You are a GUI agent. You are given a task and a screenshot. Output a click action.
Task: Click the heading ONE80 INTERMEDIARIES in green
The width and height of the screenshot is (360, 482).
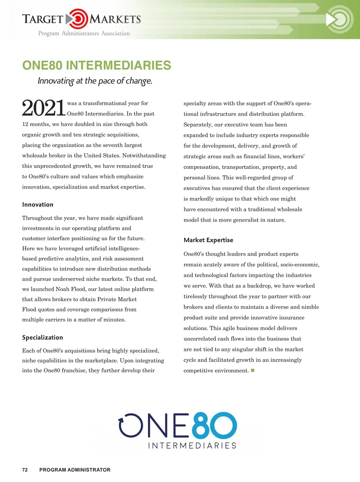tap(97, 65)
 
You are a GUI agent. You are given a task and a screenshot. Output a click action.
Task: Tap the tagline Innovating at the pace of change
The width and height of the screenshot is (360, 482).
tap(95, 81)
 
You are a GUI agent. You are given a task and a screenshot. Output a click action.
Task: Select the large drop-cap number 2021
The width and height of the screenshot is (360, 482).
tap(43, 108)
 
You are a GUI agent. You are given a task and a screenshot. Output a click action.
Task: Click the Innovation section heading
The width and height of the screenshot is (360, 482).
tap(38, 205)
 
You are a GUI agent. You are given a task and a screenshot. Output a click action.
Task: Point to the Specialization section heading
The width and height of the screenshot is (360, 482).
tap(43, 337)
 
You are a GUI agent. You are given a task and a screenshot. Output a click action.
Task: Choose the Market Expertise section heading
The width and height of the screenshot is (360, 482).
tap(208, 240)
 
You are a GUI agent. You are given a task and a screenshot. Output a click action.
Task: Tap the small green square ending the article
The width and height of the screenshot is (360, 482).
tap(253, 370)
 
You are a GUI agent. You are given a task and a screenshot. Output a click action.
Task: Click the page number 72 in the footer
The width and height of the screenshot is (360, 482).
tap(25, 470)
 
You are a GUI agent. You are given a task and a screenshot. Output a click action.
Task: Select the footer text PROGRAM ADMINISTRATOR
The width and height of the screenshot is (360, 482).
tap(75, 470)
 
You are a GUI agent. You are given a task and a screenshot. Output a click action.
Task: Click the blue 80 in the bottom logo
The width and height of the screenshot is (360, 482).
tap(214, 425)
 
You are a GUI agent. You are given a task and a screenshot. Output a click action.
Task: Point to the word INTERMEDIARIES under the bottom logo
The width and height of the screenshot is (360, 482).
tap(192, 445)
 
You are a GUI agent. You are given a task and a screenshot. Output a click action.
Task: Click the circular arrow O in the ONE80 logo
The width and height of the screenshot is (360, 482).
tap(131, 425)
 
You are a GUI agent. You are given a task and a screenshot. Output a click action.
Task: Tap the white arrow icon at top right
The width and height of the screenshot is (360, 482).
tap(331, 20)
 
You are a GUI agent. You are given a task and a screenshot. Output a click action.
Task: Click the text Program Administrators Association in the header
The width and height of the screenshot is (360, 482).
tap(84, 33)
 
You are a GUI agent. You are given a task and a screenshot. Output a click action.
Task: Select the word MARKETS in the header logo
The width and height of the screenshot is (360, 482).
tap(115, 20)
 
